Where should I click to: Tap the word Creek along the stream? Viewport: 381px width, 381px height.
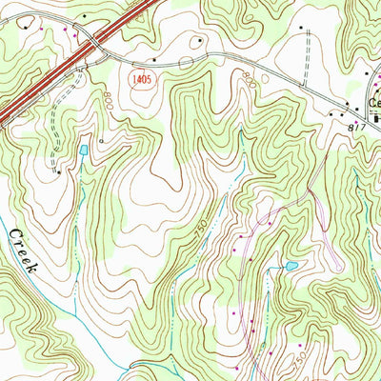click(21, 250)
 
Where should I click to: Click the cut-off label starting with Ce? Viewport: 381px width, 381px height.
click(374, 105)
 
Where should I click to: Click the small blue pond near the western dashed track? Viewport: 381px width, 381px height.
click(84, 150)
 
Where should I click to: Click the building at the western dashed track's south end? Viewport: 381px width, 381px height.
click(58, 172)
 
